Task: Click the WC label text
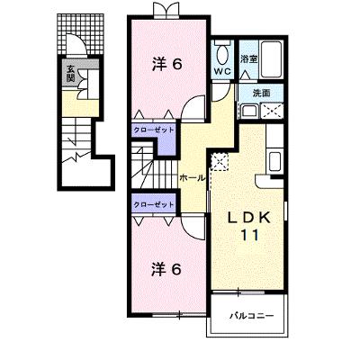(x=222, y=71)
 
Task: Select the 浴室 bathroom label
(x=248, y=58)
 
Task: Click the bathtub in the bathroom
(x=271, y=59)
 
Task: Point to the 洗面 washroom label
(x=262, y=94)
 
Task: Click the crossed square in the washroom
(x=272, y=111)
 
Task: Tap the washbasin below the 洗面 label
(x=248, y=112)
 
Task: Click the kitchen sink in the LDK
(x=274, y=161)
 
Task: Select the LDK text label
(x=249, y=218)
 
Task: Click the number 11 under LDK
(x=250, y=236)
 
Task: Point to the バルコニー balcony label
(x=252, y=316)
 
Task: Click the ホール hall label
(x=192, y=178)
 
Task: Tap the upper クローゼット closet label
(x=154, y=130)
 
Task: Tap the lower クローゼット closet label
(x=154, y=205)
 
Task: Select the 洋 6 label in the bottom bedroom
(x=166, y=270)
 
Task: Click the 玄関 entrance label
(x=70, y=74)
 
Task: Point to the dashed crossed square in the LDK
(x=220, y=162)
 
